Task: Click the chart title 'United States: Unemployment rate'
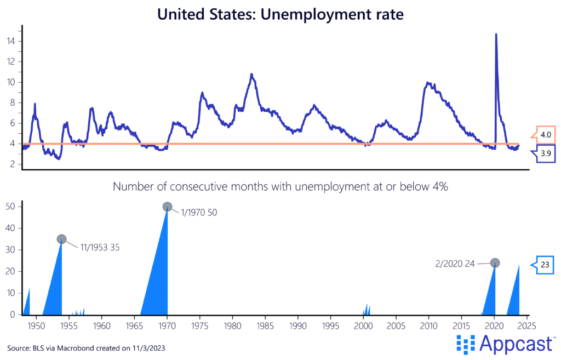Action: click(x=280, y=14)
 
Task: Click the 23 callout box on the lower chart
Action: click(x=546, y=265)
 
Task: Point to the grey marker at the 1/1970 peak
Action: click(x=168, y=207)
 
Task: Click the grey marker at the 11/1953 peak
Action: click(x=61, y=239)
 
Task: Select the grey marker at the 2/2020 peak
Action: click(x=495, y=262)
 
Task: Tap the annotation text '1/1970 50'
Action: click(x=199, y=213)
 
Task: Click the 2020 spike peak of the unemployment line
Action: click(x=496, y=35)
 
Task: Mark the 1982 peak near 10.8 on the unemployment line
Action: click(x=251, y=74)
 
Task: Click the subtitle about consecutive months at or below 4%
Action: click(x=280, y=187)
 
